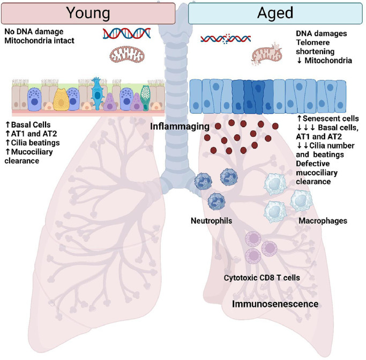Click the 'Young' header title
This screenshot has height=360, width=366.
(88, 11)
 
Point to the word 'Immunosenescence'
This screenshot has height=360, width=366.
(275, 304)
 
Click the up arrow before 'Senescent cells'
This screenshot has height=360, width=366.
(299, 117)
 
